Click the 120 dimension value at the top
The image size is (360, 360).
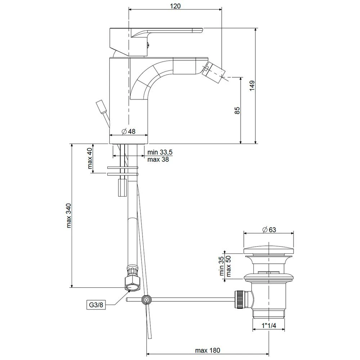click(175, 6)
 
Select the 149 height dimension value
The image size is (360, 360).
click(252, 86)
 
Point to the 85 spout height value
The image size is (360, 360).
click(237, 111)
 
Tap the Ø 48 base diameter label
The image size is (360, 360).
click(129, 131)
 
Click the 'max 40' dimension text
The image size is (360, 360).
click(90, 158)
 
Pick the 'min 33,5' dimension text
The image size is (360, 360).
click(160, 152)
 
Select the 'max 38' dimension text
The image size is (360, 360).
click(158, 159)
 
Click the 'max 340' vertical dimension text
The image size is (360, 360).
click(69, 215)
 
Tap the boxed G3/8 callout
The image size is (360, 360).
click(96, 305)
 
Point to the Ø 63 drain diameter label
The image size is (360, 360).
click(269, 230)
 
